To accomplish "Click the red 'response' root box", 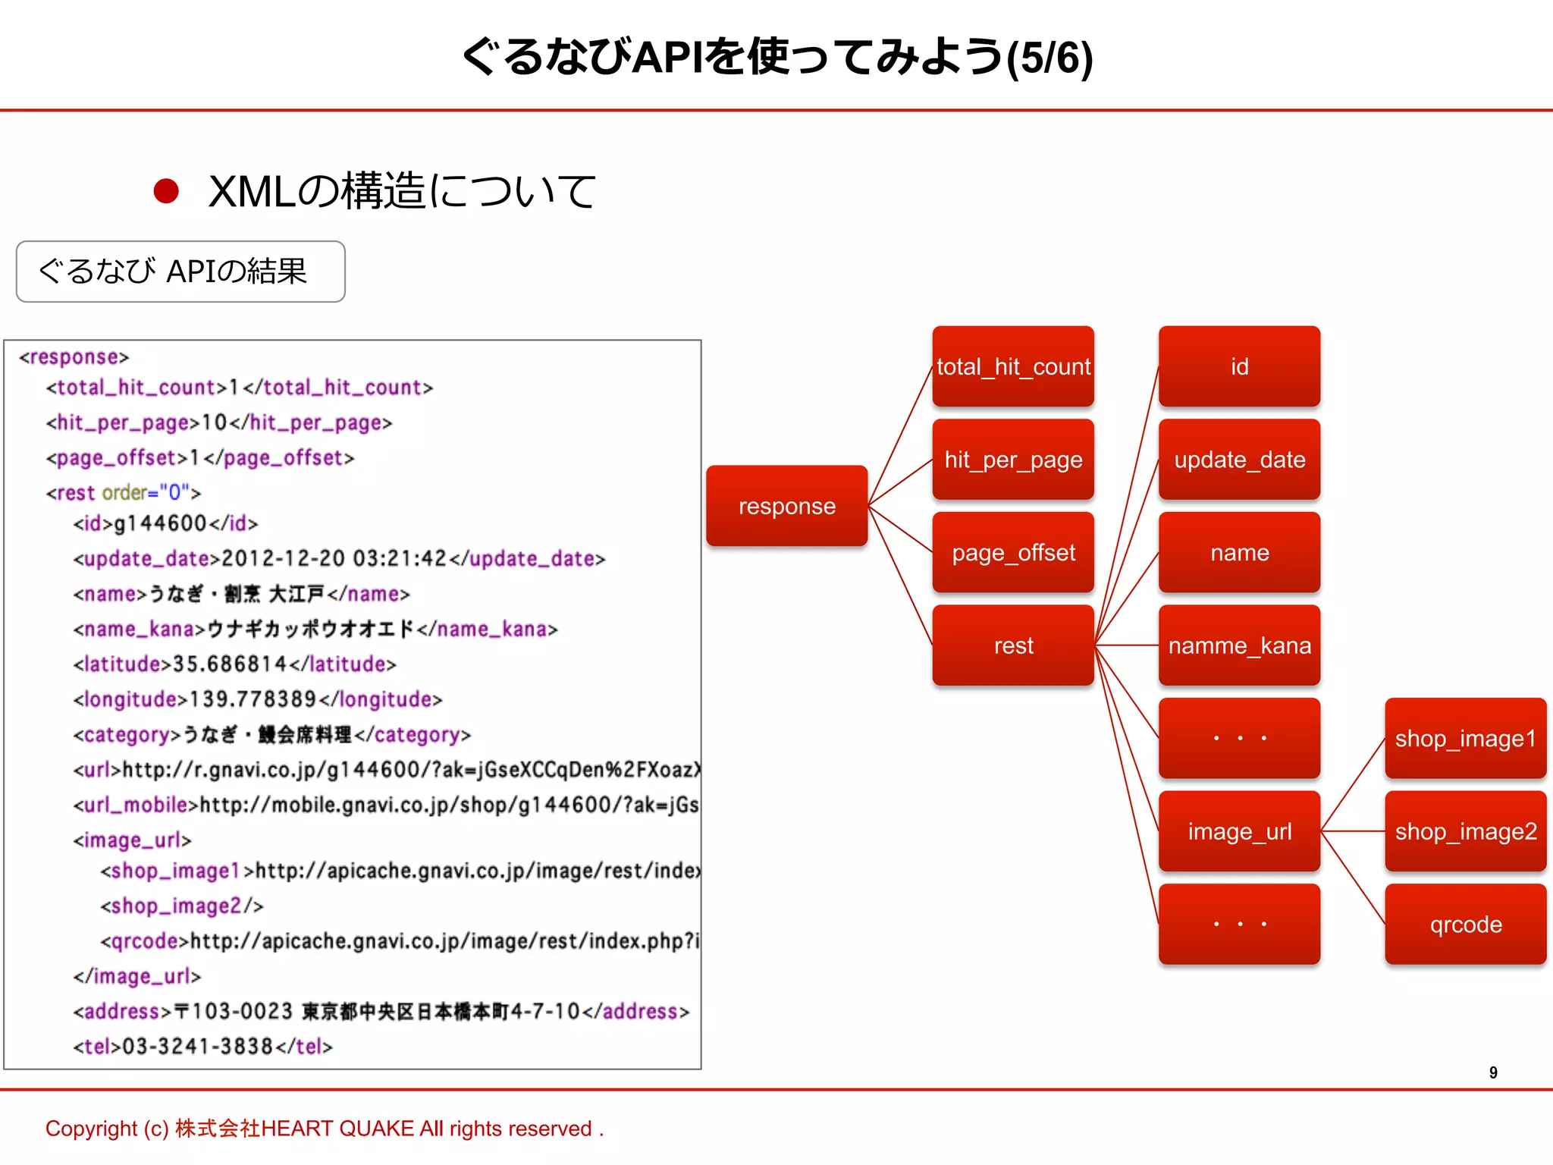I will point(786,506).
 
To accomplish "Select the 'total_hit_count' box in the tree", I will point(1013,366).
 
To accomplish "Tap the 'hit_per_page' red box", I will point(1013,460).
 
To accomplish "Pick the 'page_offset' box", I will point(1013,552).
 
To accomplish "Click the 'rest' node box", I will point(1013,645).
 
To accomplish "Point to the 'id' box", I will point(1239,366).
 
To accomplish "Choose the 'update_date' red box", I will point(1239,460).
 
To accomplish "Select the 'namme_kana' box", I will point(1239,645).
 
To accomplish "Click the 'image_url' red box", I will point(1239,831).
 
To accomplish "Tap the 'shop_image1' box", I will point(1465,738).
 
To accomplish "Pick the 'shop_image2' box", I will point(1465,831).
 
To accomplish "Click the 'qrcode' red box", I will point(1465,924).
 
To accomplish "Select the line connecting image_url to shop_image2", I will point(1353,831).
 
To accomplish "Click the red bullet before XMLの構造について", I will point(166,191).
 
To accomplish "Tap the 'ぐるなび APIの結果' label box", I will point(180,272).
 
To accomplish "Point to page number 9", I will point(1493,1072).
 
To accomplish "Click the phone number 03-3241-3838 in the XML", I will point(197,1047).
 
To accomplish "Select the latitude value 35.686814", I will point(230,664).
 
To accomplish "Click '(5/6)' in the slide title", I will point(1049,58).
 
